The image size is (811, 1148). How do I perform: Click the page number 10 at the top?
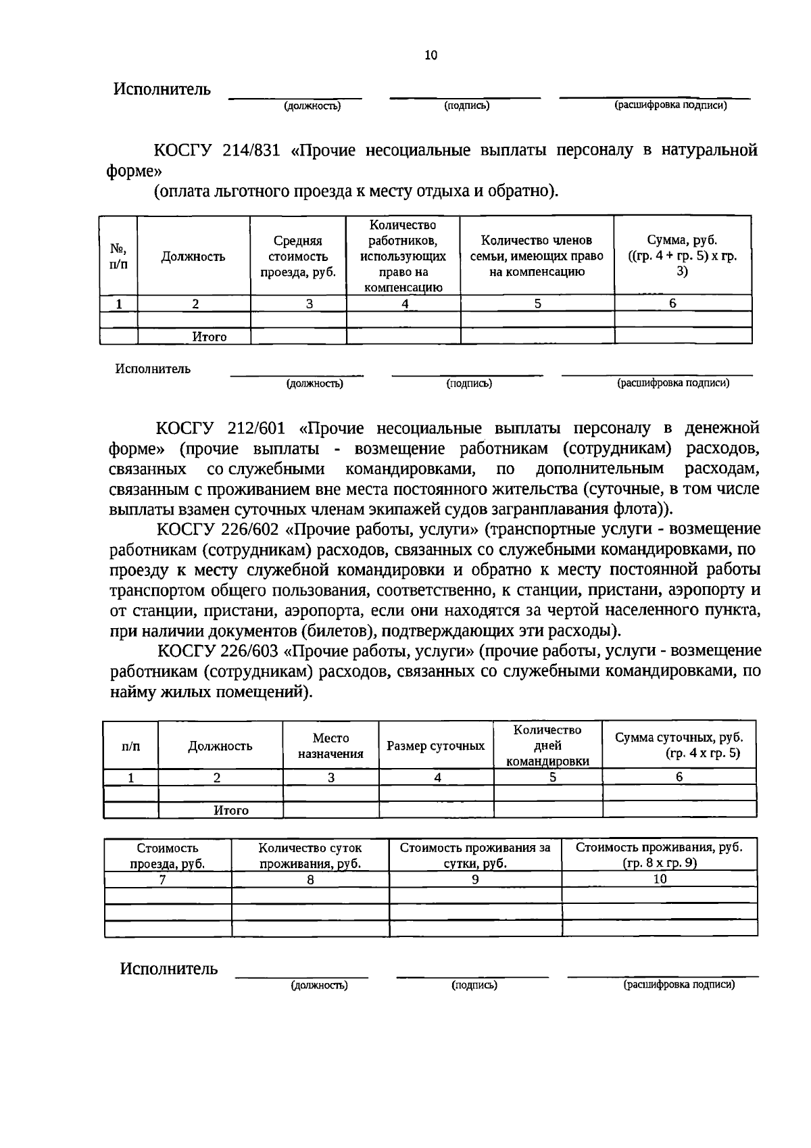coord(431,55)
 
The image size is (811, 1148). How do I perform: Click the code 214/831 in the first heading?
coord(249,150)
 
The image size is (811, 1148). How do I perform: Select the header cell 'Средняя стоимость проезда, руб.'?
coord(298,256)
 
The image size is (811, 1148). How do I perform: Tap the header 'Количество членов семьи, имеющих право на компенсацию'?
coord(537,256)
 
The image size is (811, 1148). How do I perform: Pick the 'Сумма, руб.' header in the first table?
coord(682,256)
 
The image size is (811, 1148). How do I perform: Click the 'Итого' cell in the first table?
coord(210,337)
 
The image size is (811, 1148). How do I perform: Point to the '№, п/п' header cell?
coord(118,256)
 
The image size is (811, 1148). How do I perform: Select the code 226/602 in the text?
coord(249,529)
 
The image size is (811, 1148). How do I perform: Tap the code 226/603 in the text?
coord(249,650)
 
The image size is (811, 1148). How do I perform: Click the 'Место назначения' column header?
coord(331,746)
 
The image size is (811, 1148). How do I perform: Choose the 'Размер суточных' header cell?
coord(436,746)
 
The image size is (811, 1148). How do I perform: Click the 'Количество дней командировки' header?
coord(547,746)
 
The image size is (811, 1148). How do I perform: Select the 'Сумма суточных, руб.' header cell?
coord(679,745)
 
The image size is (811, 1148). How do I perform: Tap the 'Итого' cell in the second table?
coord(231,810)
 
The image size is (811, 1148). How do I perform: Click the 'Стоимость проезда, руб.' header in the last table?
coord(168,855)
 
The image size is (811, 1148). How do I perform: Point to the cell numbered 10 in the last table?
coord(660,879)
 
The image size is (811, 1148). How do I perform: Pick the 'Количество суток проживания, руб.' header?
coord(310,855)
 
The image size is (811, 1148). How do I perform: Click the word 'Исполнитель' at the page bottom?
coord(169,969)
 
